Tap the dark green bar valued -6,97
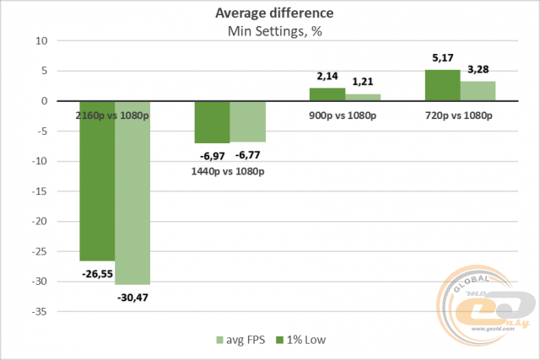[212, 122]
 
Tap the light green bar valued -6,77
[248, 121]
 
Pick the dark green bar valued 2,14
[327, 94]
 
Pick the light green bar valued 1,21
[363, 97]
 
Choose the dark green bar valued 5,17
[442, 85]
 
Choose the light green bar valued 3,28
[478, 91]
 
